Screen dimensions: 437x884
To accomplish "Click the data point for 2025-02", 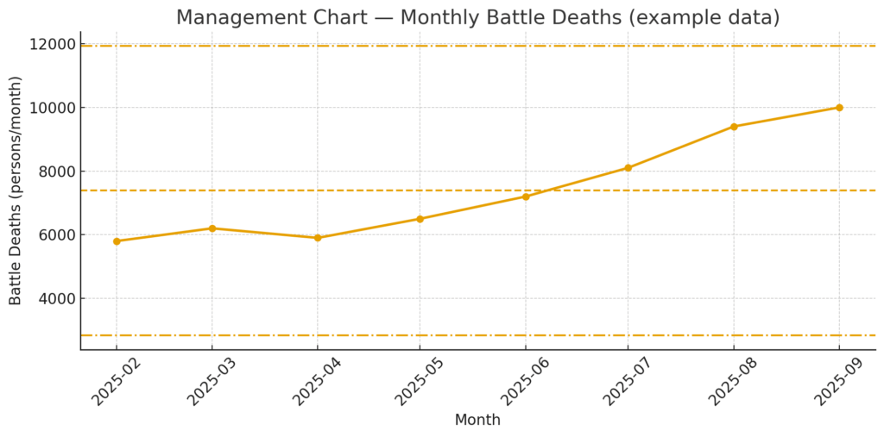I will [117, 241].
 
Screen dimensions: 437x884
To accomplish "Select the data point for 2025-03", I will [212, 228].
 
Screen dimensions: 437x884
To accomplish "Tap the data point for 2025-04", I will [318, 238].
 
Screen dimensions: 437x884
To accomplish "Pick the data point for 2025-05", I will [420, 219].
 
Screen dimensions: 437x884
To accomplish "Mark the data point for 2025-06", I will [526, 197].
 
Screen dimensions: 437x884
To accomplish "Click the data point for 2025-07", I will [628, 168].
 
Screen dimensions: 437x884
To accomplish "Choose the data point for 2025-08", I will [734, 127].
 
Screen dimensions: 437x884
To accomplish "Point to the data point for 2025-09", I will [839, 108].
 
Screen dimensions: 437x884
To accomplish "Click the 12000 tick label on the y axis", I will [51, 45].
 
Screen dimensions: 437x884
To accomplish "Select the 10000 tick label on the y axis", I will [51, 108].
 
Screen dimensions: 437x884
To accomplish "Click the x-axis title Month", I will [477, 421].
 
